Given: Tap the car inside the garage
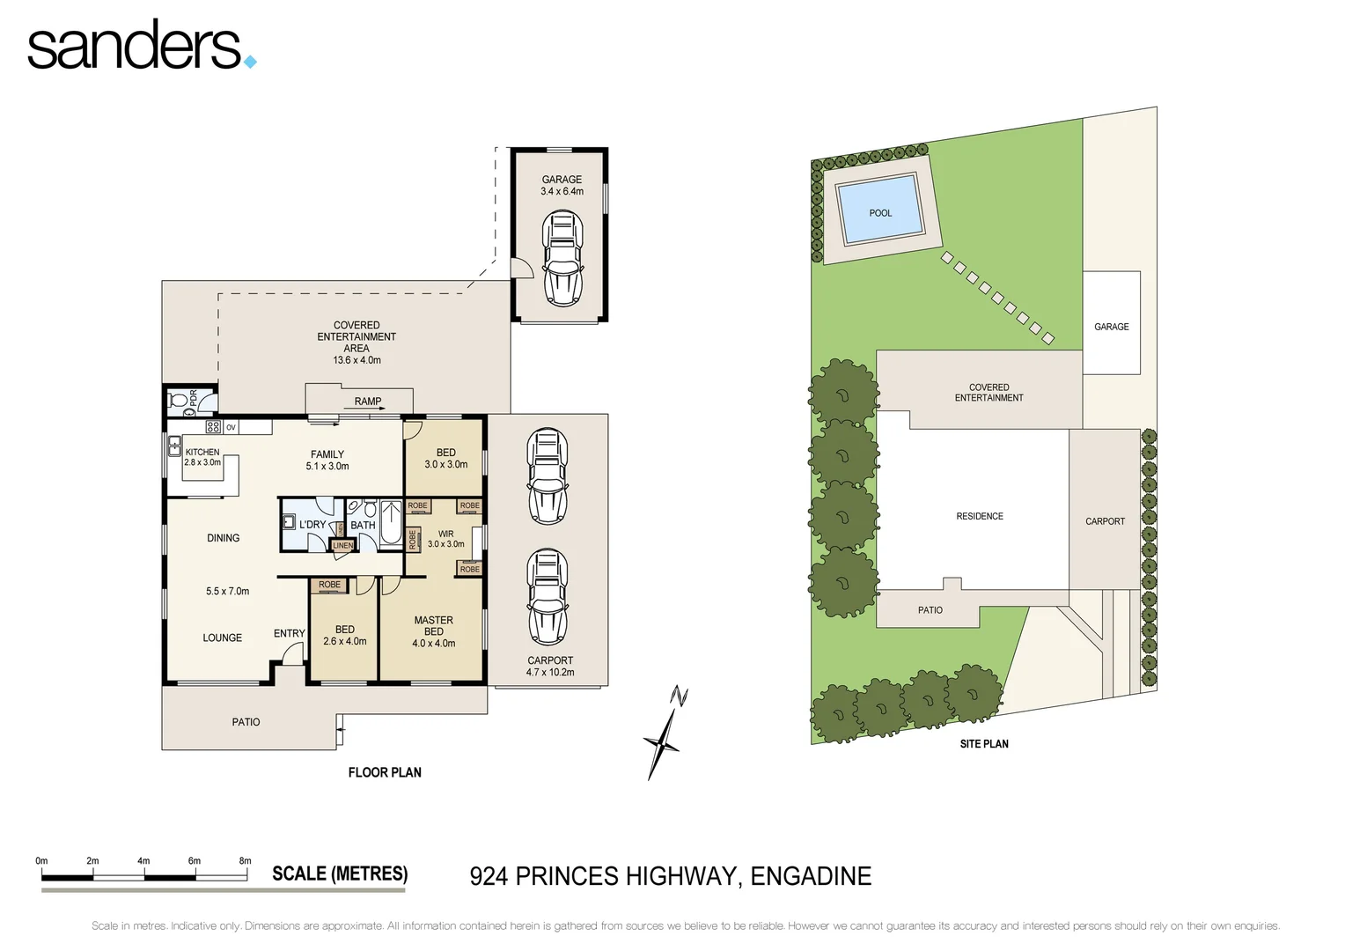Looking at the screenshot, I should (x=562, y=258).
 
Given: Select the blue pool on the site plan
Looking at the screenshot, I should (x=880, y=211).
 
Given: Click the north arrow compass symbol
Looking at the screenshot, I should (x=665, y=733).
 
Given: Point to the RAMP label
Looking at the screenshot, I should (x=368, y=402).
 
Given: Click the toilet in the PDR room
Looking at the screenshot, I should (x=179, y=401).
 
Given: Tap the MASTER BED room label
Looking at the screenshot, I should (x=433, y=631).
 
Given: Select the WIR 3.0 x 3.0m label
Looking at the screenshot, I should (x=446, y=539).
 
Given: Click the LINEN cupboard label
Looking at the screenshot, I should (x=342, y=546).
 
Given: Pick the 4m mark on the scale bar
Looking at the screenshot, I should (x=143, y=861).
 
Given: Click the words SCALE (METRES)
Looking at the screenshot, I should (x=340, y=874).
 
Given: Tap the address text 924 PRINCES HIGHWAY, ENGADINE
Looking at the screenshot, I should (x=670, y=876).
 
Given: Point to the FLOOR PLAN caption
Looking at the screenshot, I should (x=385, y=772).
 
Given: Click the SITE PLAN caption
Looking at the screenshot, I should (x=984, y=744).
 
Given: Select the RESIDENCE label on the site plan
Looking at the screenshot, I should (x=980, y=516).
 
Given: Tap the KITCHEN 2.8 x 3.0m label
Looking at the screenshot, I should (x=202, y=457).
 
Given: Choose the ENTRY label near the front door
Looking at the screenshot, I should (x=289, y=633).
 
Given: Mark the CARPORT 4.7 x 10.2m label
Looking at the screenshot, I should (x=550, y=666).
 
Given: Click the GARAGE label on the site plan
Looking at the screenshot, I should (x=1111, y=327).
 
